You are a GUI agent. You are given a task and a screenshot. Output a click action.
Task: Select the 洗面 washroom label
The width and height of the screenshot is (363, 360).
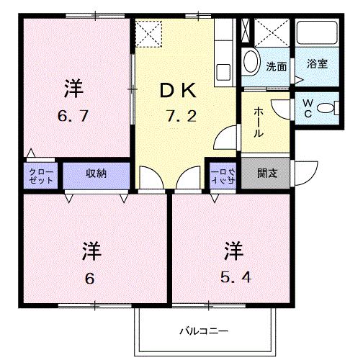(x=276, y=66)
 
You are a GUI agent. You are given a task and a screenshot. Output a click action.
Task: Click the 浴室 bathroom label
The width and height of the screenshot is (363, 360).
(x=317, y=63)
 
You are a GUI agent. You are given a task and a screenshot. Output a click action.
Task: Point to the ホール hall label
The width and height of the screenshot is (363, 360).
(x=257, y=123)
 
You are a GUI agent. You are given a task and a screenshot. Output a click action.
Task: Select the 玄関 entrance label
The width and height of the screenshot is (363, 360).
(x=268, y=174)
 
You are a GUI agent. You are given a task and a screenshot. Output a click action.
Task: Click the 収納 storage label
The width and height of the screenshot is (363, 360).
(x=96, y=174)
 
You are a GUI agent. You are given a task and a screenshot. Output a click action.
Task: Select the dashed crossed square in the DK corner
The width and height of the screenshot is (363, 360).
(x=151, y=33)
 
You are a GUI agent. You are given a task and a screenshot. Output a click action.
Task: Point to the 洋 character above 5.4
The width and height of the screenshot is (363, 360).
(x=233, y=251)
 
